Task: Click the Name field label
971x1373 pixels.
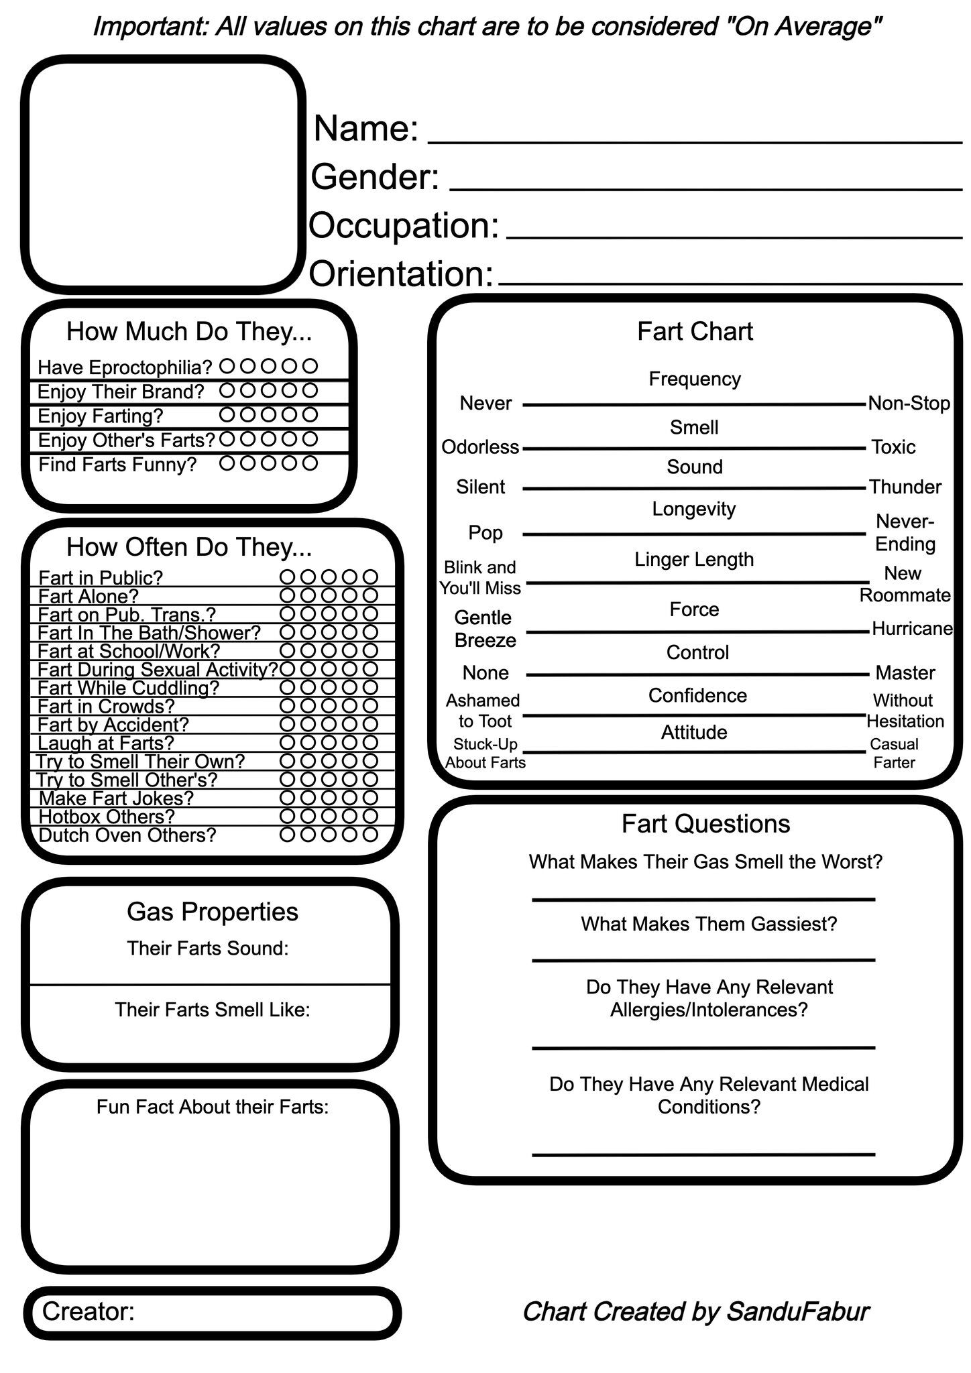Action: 365,128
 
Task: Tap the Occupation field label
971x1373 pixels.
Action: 404,225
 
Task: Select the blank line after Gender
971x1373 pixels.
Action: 705,189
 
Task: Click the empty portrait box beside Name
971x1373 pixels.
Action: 163,174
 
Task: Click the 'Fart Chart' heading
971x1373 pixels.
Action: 695,331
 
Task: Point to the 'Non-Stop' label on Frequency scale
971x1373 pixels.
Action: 909,404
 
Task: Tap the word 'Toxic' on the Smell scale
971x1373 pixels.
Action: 893,446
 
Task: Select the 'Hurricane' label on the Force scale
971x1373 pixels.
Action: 912,629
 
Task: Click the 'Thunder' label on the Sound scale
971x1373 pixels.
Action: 905,487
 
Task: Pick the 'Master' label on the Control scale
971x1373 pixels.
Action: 905,672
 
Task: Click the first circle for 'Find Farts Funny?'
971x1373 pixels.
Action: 227,463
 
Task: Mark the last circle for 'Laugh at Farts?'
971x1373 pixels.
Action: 370,743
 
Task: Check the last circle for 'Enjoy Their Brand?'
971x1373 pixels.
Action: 310,390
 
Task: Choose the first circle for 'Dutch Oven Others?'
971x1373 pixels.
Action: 287,835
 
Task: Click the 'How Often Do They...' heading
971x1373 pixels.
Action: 189,547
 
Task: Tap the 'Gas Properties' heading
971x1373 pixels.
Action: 212,912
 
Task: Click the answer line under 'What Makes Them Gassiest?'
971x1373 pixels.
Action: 703,959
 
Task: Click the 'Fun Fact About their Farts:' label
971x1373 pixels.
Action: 213,1107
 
